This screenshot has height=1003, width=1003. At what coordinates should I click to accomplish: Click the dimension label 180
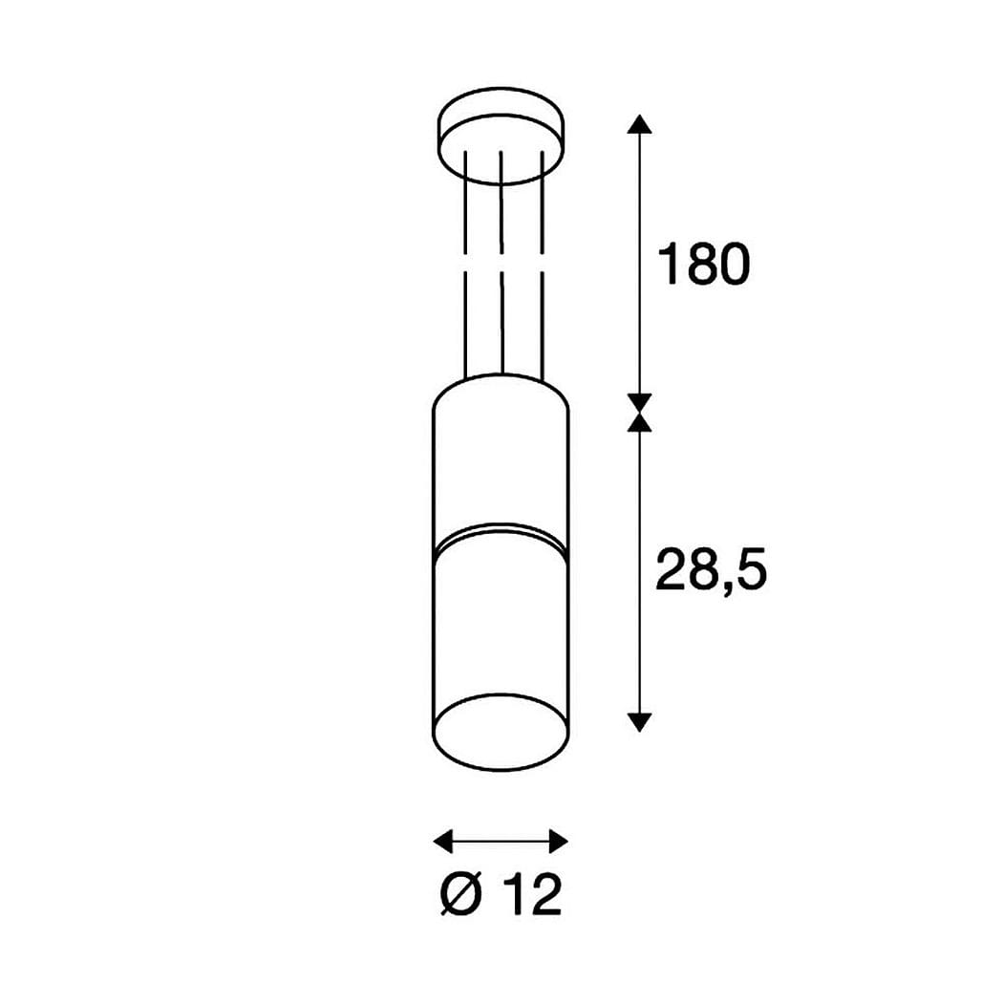(703, 264)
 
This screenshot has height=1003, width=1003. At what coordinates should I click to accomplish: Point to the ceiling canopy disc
(501, 136)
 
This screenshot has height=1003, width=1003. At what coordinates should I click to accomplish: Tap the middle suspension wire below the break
(502, 323)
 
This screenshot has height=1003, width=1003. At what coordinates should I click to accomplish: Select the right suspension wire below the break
(543, 327)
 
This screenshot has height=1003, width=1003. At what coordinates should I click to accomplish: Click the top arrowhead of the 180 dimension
(639, 123)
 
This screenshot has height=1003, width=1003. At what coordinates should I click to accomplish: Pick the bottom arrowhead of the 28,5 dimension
(639, 722)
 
